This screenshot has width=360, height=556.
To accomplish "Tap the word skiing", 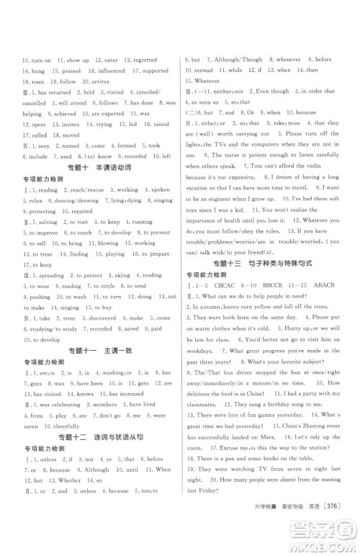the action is click(x=106, y=275).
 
